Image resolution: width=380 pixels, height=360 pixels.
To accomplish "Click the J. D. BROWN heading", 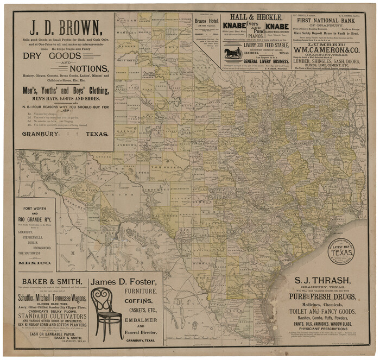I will (65, 27).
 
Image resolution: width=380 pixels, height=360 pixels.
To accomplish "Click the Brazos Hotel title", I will (207, 21).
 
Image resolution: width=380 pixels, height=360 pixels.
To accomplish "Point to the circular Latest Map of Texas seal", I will (341, 251).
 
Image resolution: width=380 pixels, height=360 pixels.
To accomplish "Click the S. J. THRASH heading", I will (322, 281).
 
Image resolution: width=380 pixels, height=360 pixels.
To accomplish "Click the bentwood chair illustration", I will (106, 312).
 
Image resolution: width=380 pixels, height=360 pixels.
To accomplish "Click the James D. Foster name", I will (124, 282).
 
